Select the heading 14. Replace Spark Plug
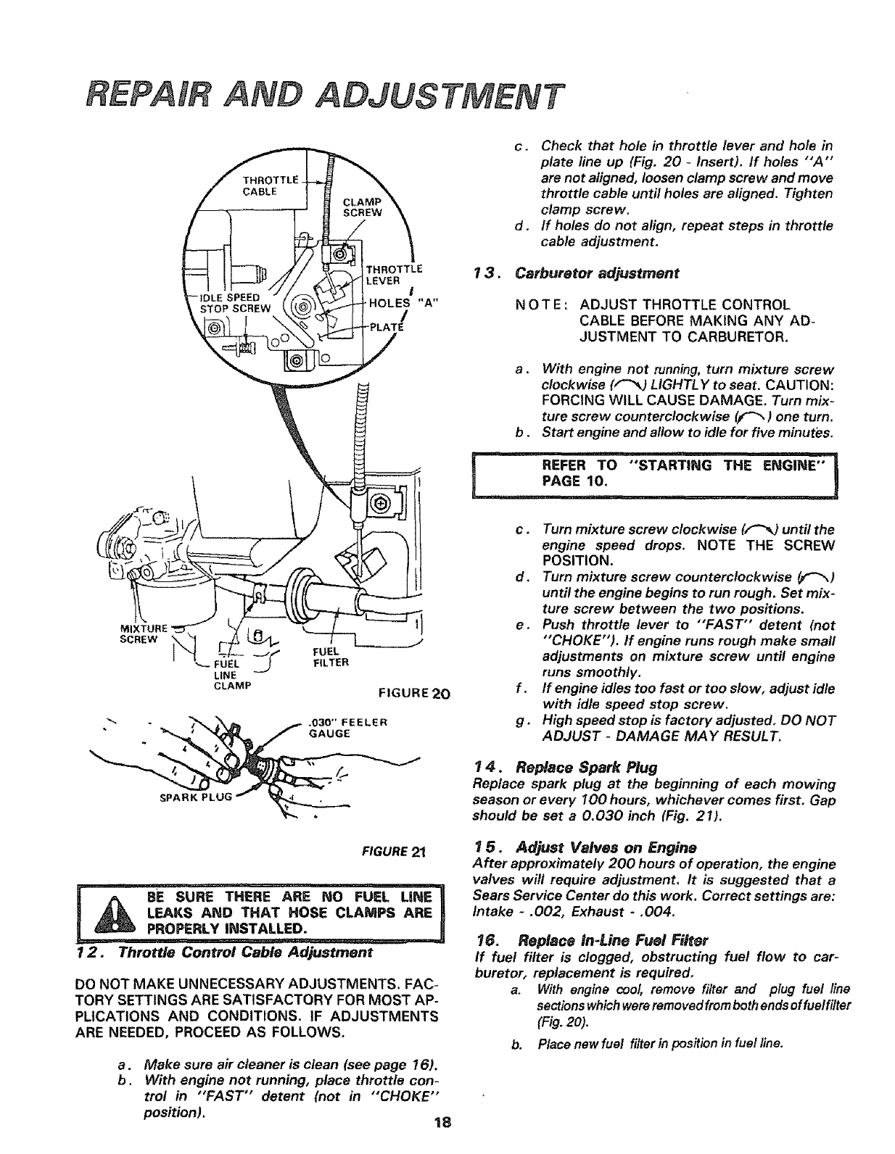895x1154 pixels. click(x=566, y=766)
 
